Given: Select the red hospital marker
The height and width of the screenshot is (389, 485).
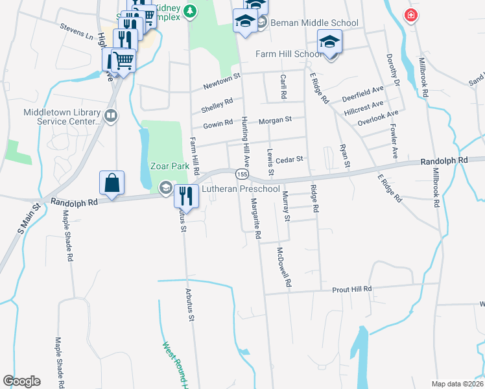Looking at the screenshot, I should pyautogui.click(x=410, y=15).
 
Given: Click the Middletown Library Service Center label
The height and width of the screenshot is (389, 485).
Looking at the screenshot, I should pyautogui.click(x=62, y=116).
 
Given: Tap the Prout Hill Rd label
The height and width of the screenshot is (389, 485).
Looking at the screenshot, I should pyautogui.click(x=352, y=289).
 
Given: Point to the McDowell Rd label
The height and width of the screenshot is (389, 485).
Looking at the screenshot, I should pyautogui.click(x=284, y=267).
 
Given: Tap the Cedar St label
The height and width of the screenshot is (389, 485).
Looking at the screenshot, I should pyautogui.click(x=290, y=159).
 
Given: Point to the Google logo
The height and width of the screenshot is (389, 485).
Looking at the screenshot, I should pyautogui.click(x=21, y=381).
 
